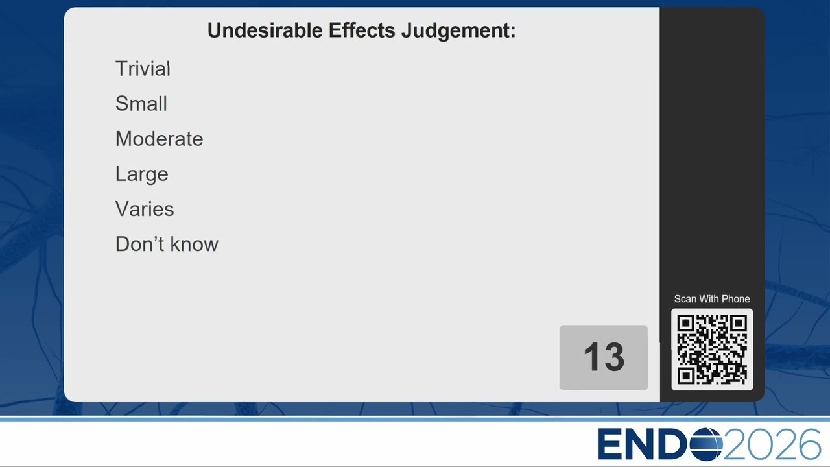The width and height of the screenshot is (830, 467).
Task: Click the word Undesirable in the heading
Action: pyautogui.click(x=265, y=30)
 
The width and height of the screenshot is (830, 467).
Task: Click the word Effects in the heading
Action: pyautogui.click(x=362, y=30)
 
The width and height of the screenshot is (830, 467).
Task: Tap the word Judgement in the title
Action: pyautogui.click(x=458, y=30)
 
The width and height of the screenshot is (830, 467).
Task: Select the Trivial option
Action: pyautogui.click(x=143, y=69)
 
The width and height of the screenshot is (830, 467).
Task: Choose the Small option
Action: pyautogui.click(x=141, y=103)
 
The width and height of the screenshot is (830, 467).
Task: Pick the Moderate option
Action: pyautogui.click(x=160, y=139)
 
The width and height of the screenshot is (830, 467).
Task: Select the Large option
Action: pyautogui.click(x=142, y=174)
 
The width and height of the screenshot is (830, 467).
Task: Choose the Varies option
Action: pyautogui.click(x=145, y=209)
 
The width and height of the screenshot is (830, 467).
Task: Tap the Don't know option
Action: pyautogui.click(x=167, y=245)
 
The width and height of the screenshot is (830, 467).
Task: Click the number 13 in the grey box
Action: pyautogui.click(x=604, y=357)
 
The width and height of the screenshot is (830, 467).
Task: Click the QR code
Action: pyautogui.click(x=712, y=350)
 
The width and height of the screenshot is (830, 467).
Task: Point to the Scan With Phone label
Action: pyautogui.click(x=712, y=299)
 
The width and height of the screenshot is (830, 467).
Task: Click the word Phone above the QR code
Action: pyautogui.click(x=735, y=299)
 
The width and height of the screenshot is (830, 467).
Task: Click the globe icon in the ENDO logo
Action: pyautogui.click(x=706, y=444)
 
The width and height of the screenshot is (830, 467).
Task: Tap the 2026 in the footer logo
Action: pyautogui.click(x=772, y=444)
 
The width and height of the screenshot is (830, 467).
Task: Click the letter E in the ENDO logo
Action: pyautogui.click(x=610, y=444)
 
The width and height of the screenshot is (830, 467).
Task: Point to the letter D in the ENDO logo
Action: pyautogui.click(x=674, y=444)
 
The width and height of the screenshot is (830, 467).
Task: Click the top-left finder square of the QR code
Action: pyautogui.click(x=686, y=324)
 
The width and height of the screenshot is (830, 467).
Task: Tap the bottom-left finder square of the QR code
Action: pyautogui.click(x=686, y=376)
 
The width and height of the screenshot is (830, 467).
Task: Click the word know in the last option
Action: pyautogui.click(x=194, y=245)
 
